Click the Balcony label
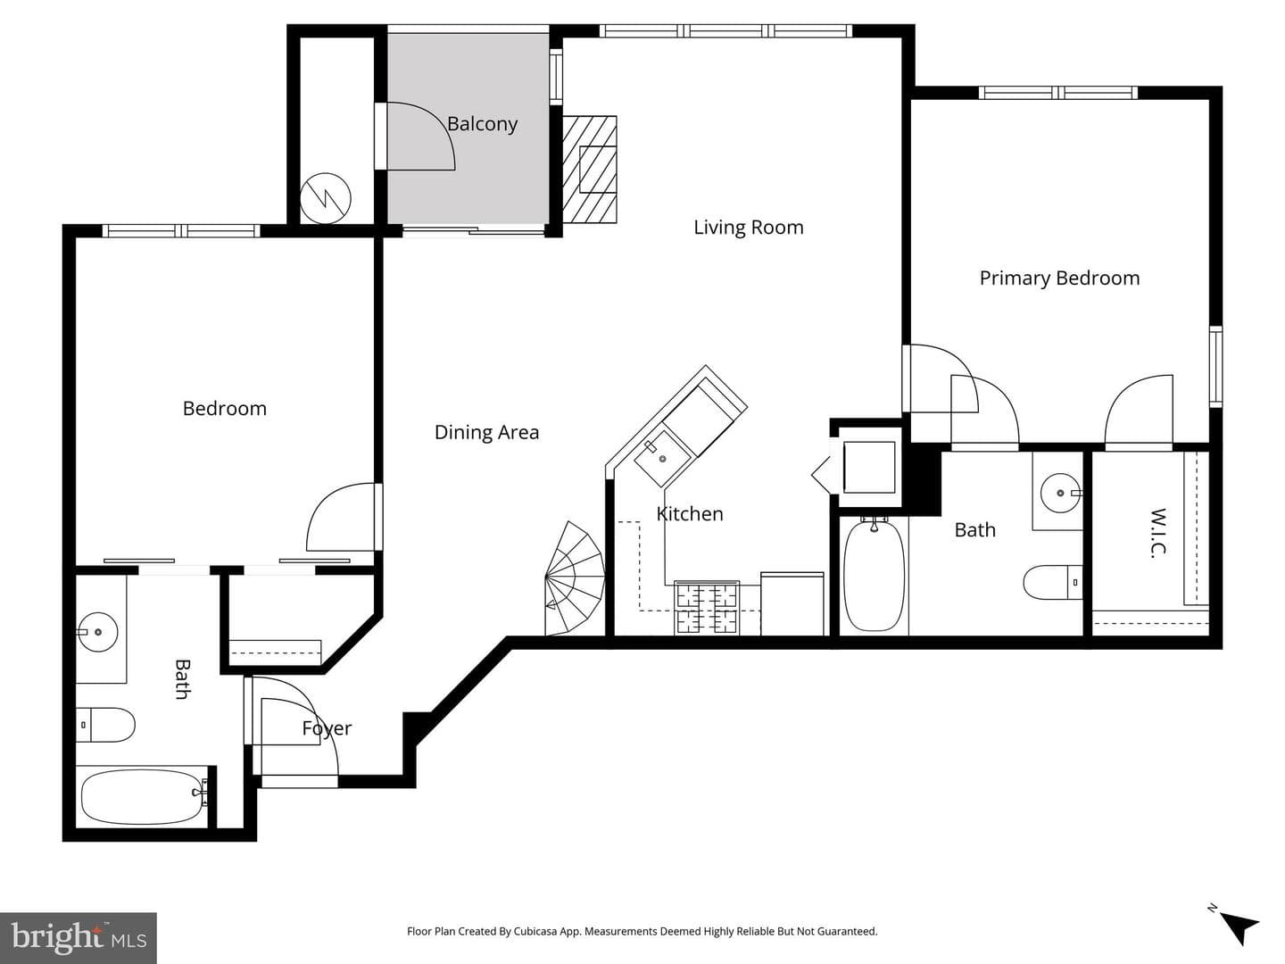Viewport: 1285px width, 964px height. [x=482, y=124]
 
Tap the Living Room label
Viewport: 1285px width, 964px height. [x=748, y=227]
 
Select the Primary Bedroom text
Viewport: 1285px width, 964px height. [x=1059, y=278]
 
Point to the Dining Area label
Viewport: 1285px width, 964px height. [x=486, y=433]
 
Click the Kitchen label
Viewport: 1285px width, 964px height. [x=690, y=514]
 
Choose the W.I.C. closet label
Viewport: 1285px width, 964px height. [x=1159, y=533]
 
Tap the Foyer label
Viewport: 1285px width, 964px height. [x=327, y=728]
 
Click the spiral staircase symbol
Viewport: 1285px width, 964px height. [x=575, y=578]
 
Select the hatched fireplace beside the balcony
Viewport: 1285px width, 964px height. [x=589, y=170]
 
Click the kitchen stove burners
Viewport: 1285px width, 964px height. [x=707, y=608]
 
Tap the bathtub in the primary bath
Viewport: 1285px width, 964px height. [x=874, y=576]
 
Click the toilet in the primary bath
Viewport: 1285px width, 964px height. [x=1053, y=582]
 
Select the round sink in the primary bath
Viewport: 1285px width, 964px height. [x=1061, y=493]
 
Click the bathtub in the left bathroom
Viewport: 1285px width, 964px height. [x=144, y=796]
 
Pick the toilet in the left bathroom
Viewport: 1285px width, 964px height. [x=105, y=725]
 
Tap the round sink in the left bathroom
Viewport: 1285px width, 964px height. [x=98, y=632]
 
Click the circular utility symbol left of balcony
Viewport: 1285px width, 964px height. [x=326, y=198]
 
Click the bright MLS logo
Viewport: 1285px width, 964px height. [x=79, y=937]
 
